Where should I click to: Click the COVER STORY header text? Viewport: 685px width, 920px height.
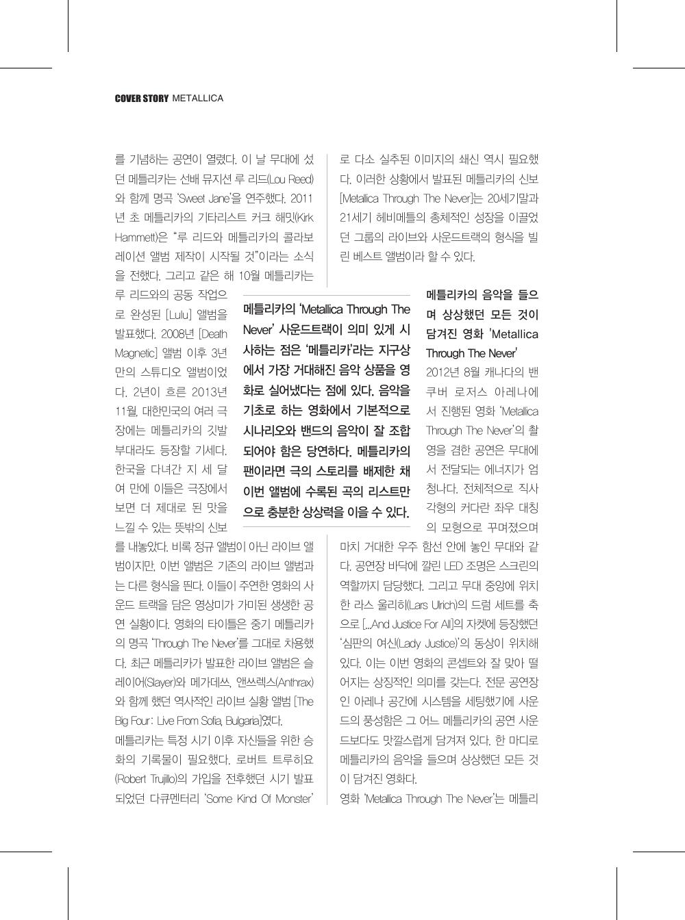141,99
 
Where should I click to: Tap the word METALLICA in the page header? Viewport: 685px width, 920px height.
198,99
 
